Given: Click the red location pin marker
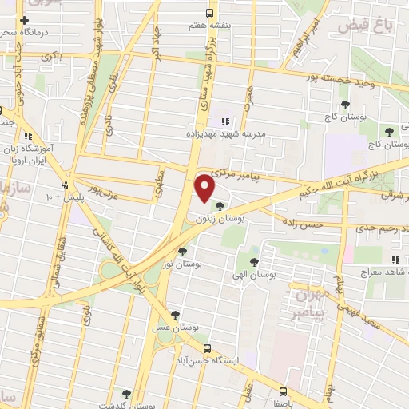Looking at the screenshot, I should (206, 188).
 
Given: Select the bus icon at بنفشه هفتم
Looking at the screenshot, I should (209, 13).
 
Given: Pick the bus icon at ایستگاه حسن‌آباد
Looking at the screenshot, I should (208, 348).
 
